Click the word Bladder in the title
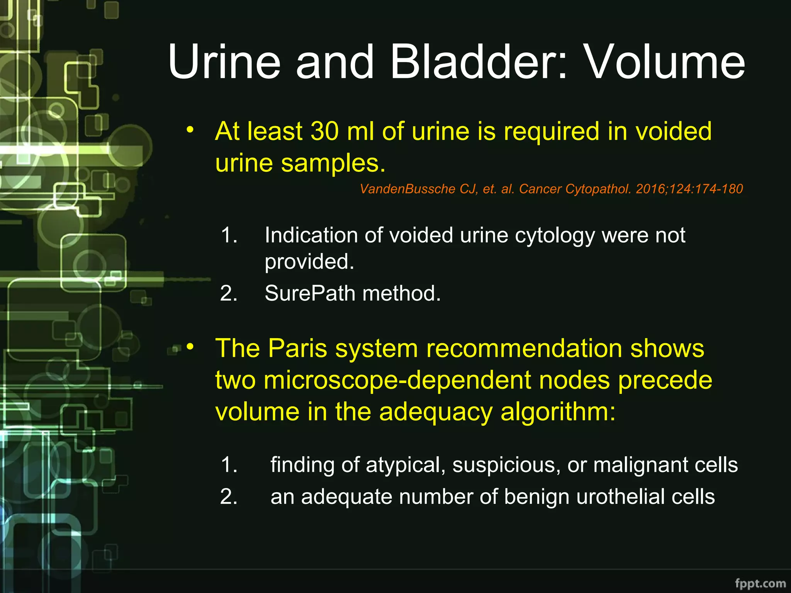pyautogui.click(x=479, y=62)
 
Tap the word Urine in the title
pyautogui.click(x=224, y=62)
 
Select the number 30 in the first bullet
pyautogui.click(x=325, y=131)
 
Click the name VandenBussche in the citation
pyautogui.click(x=407, y=189)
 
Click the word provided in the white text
pyautogui.click(x=309, y=261)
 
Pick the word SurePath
pyautogui.click(x=309, y=293)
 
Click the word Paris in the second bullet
pyautogui.click(x=297, y=348)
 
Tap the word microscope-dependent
pyautogui.click(x=397, y=380)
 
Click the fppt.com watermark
pyautogui.click(x=760, y=583)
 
